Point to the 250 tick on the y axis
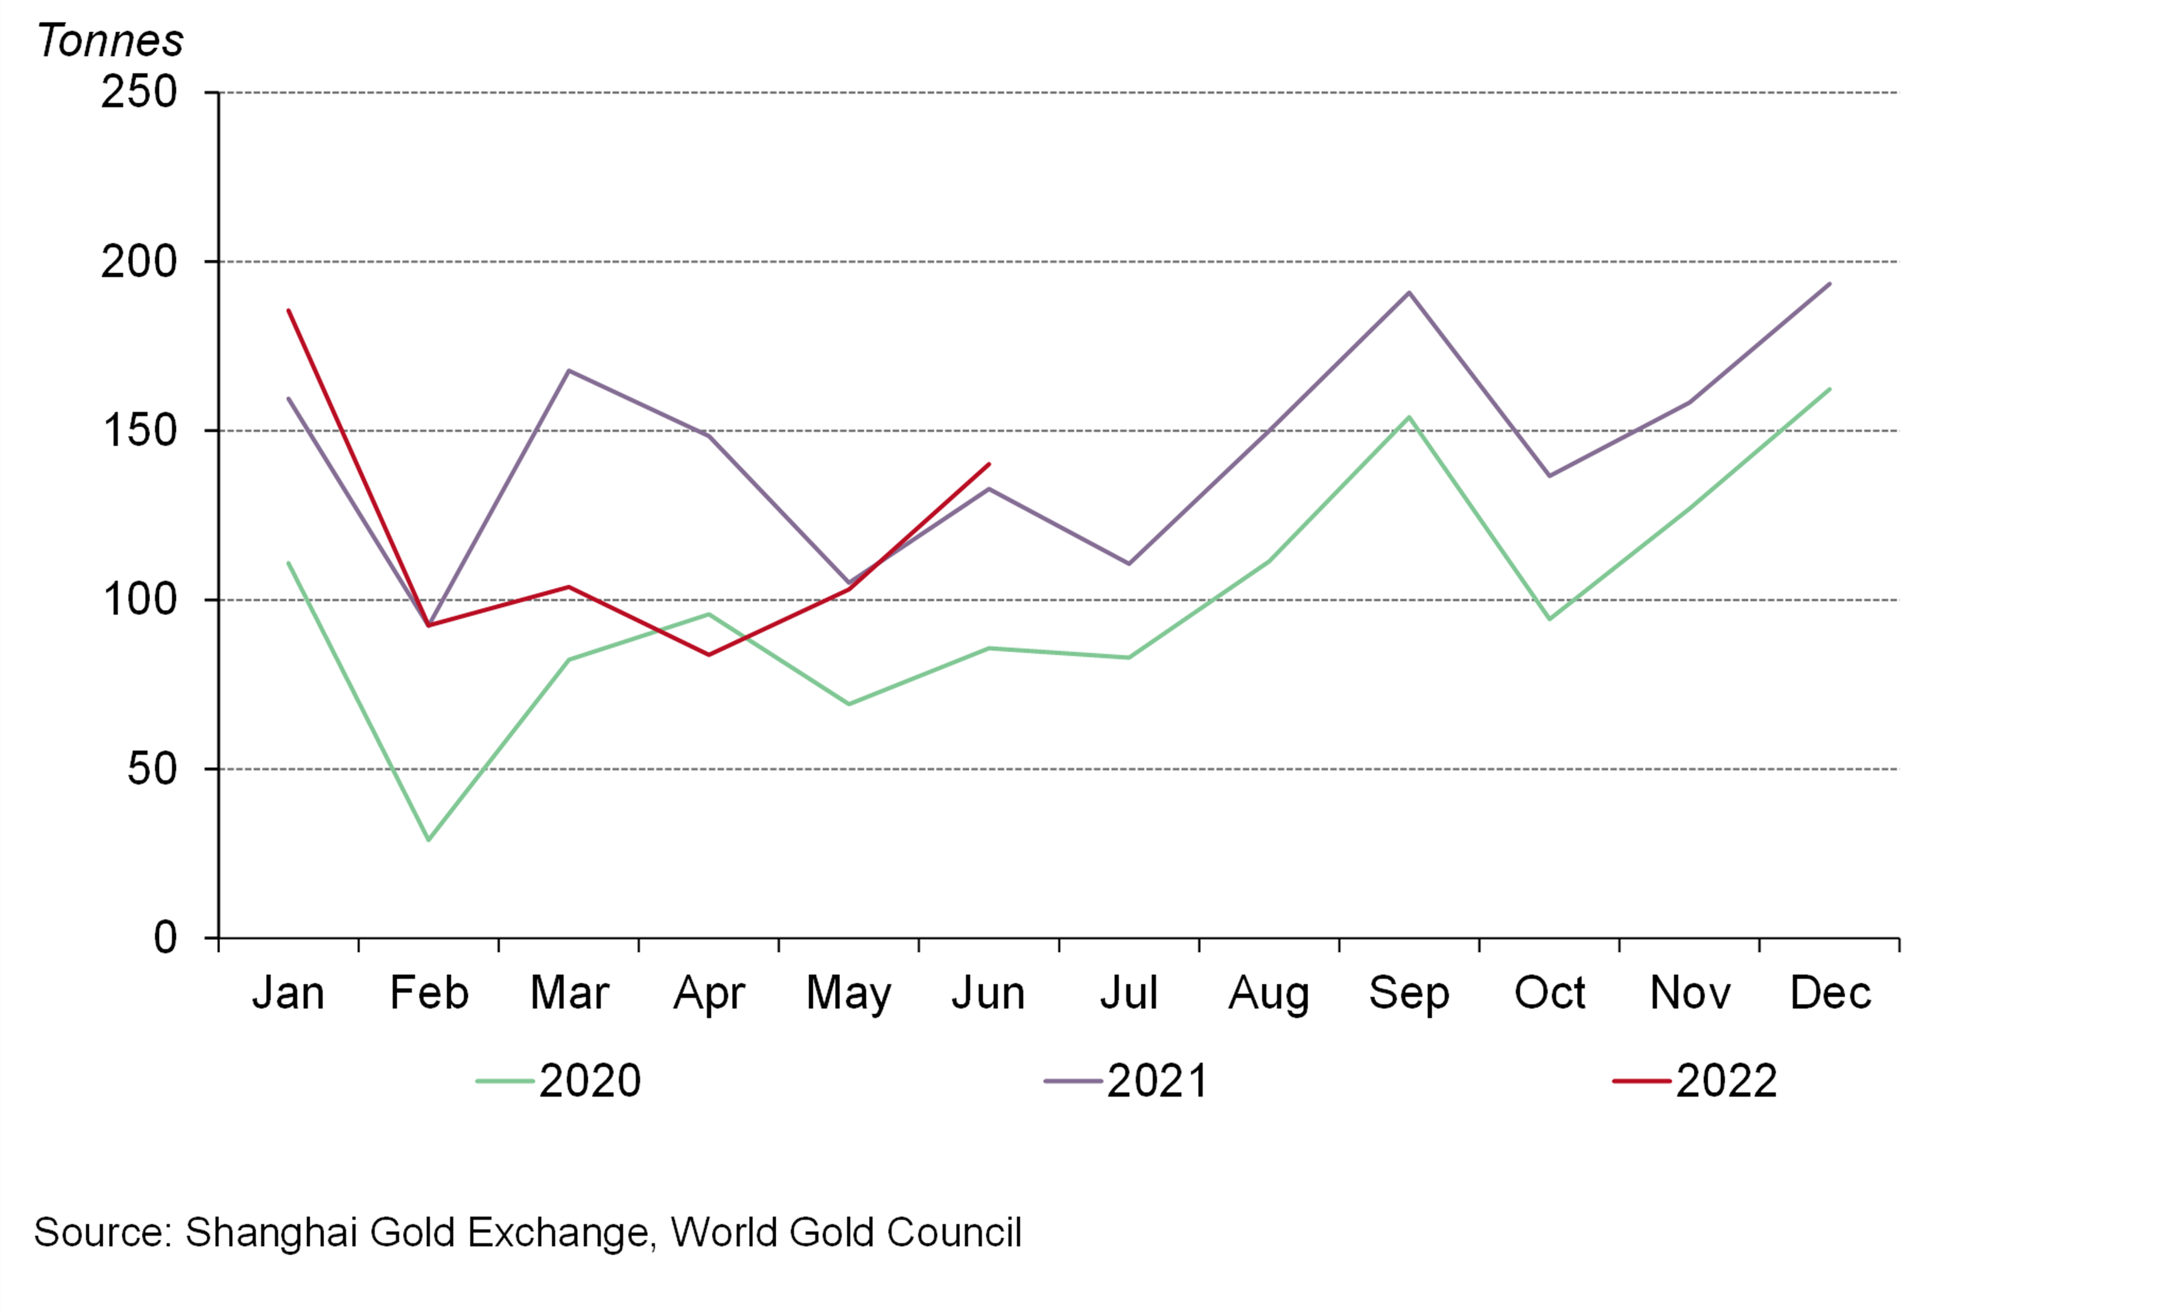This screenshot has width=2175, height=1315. [x=139, y=92]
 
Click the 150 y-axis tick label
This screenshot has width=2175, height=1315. [x=139, y=431]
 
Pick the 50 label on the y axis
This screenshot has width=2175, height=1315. [x=152, y=769]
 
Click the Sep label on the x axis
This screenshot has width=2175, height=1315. [x=1409, y=993]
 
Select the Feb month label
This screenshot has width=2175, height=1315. [x=429, y=993]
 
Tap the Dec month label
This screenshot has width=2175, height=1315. [x=1830, y=993]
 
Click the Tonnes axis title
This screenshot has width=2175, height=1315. [x=110, y=40]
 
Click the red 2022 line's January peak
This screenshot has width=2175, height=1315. [x=289, y=311]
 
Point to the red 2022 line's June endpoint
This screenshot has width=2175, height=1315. [x=989, y=464]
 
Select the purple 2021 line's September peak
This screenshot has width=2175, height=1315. [x=1409, y=292]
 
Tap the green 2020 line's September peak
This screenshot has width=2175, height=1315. [x=1409, y=416]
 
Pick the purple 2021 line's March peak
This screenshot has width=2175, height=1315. [x=568, y=371]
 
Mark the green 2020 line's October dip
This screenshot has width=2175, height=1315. [x=1549, y=619]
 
